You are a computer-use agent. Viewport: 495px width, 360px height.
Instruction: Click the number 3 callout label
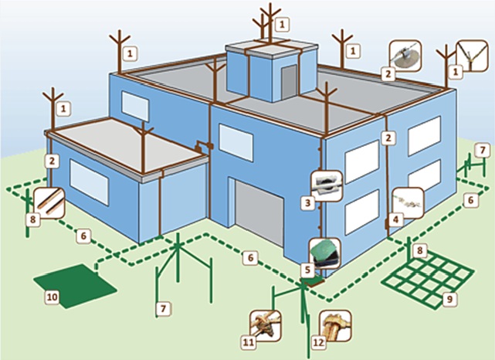click(x=307, y=203)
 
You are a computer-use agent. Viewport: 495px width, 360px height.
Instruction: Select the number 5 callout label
click(x=307, y=270)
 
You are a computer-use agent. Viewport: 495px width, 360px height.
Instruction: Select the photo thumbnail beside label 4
click(x=406, y=202)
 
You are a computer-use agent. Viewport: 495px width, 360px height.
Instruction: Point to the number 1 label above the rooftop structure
click(x=283, y=24)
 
